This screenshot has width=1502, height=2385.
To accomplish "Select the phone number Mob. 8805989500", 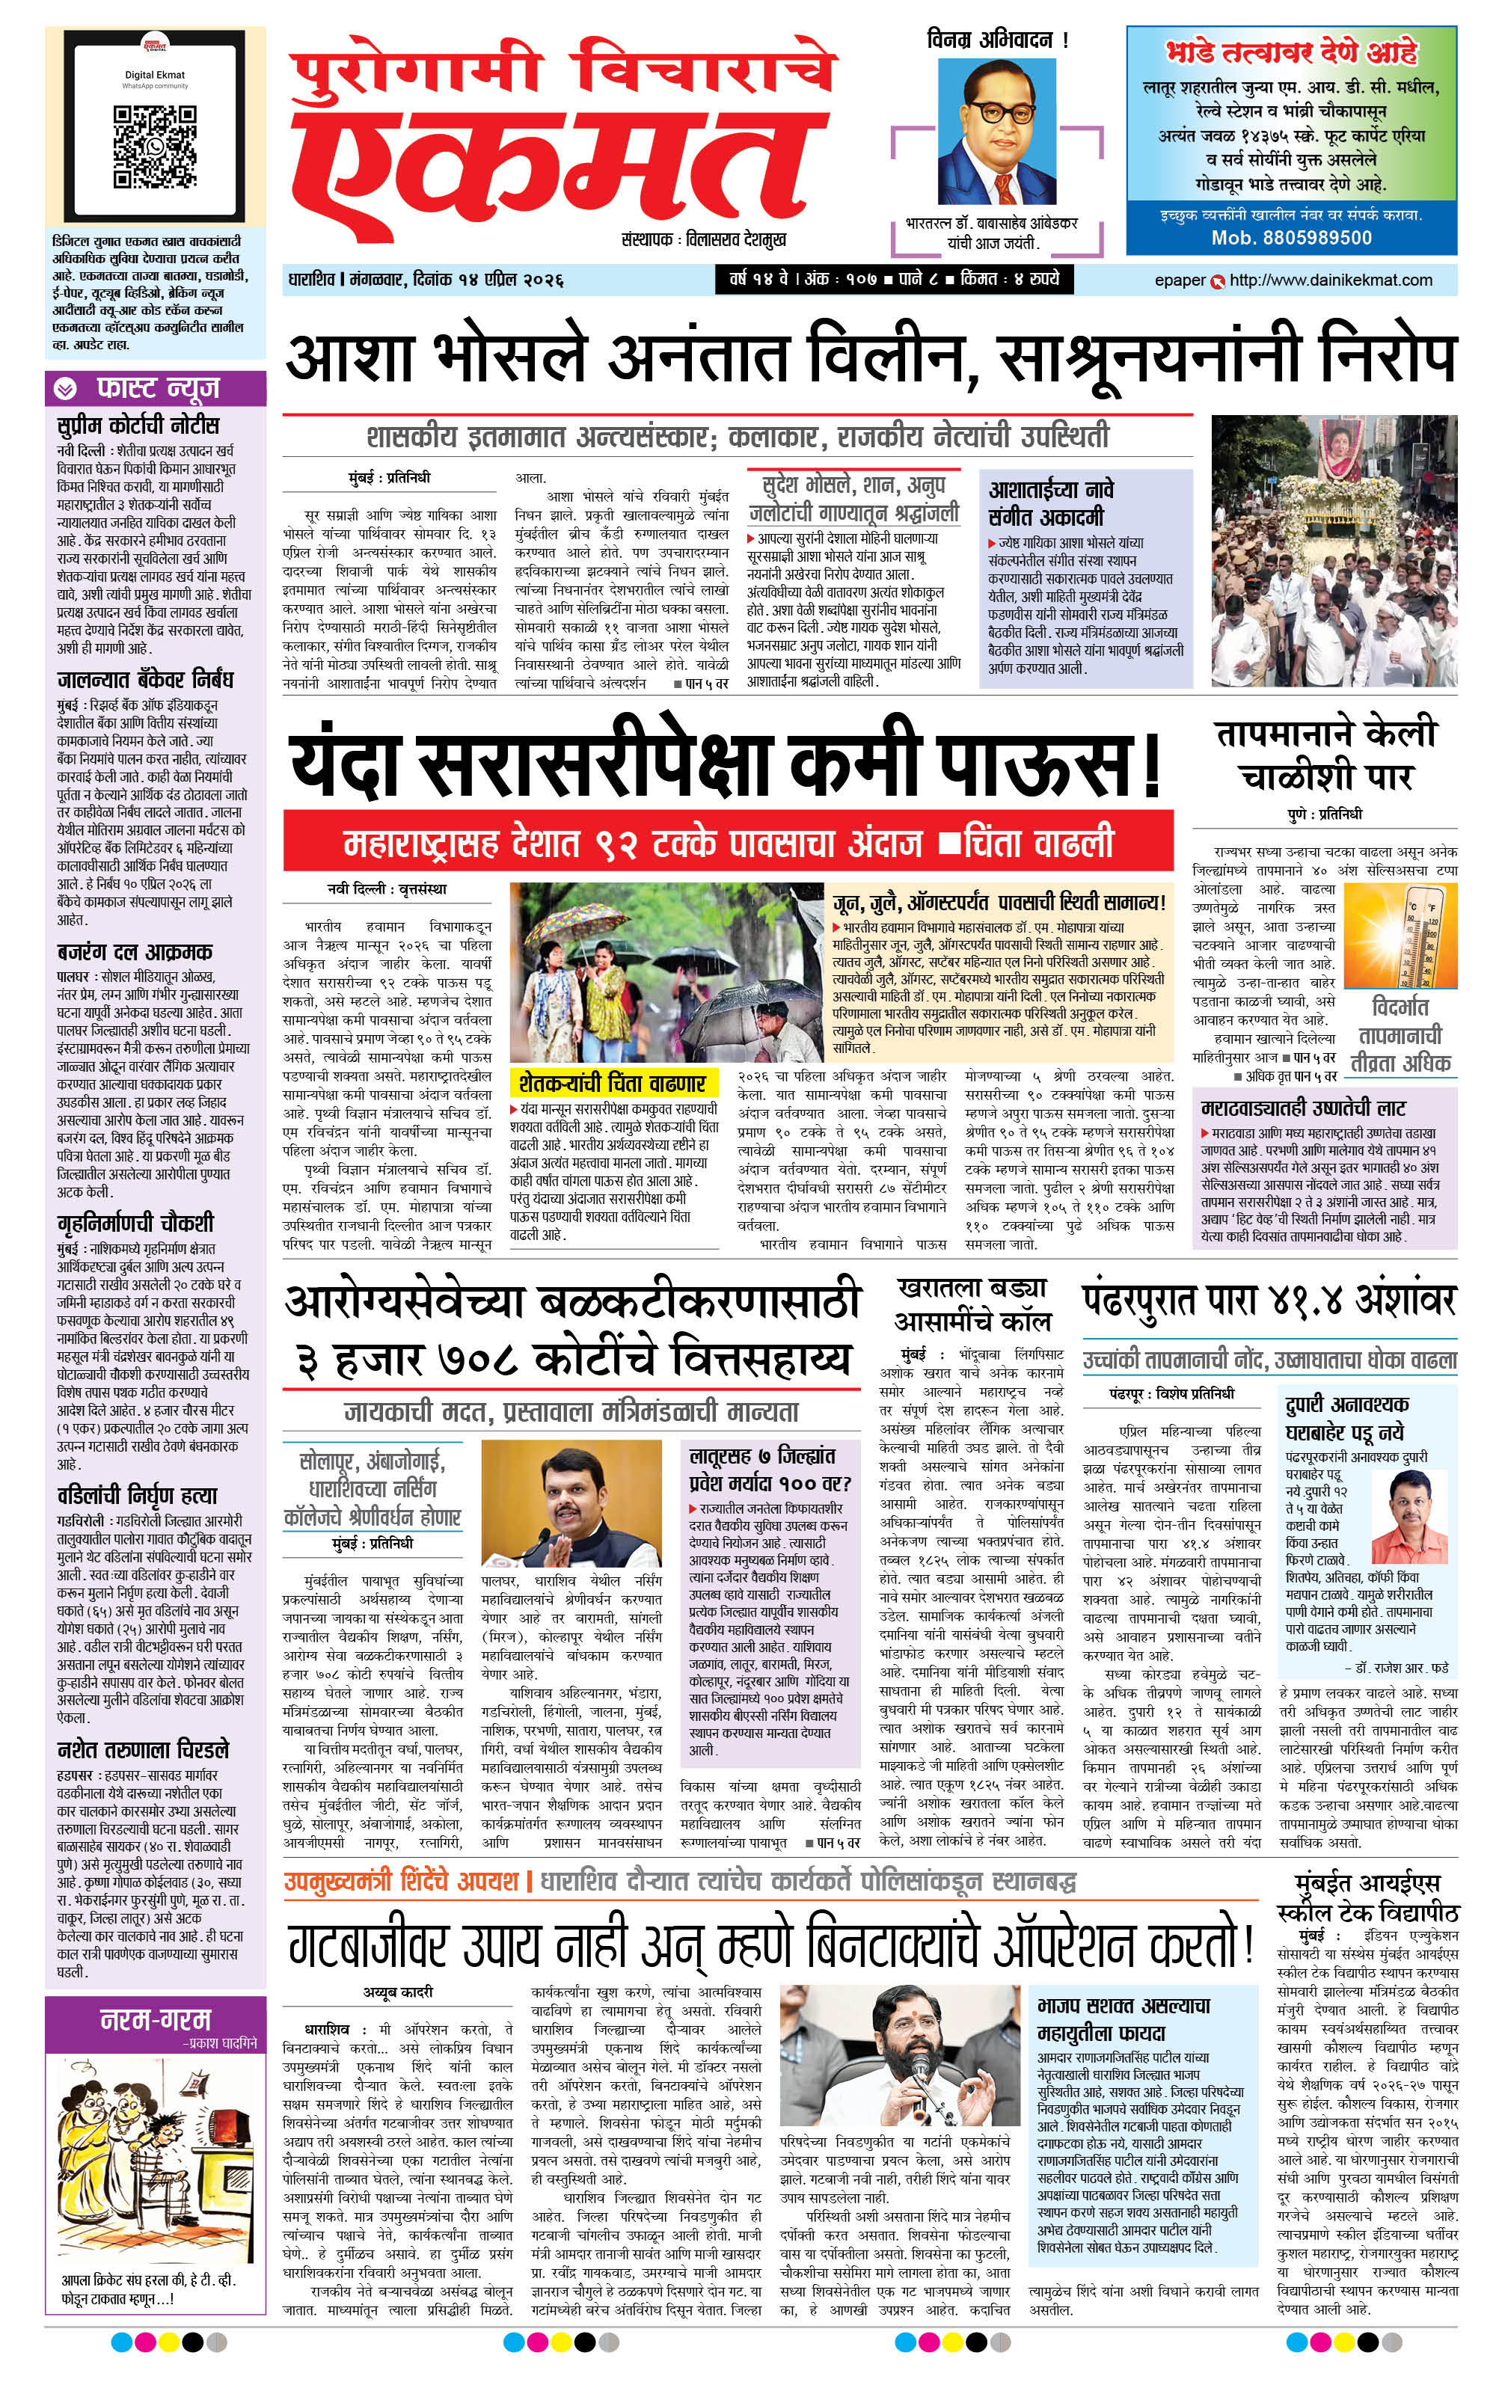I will [x=1291, y=238].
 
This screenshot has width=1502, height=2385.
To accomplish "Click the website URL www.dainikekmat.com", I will [x=1330, y=280].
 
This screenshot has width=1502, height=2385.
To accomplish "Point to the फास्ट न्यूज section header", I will [x=156, y=388].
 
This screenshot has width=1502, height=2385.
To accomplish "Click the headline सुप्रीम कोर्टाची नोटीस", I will [x=138, y=426].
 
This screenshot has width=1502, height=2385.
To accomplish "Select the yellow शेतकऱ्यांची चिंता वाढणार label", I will [x=611, y=1082].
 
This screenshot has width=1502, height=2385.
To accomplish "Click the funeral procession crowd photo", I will [x=1333, y=550].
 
